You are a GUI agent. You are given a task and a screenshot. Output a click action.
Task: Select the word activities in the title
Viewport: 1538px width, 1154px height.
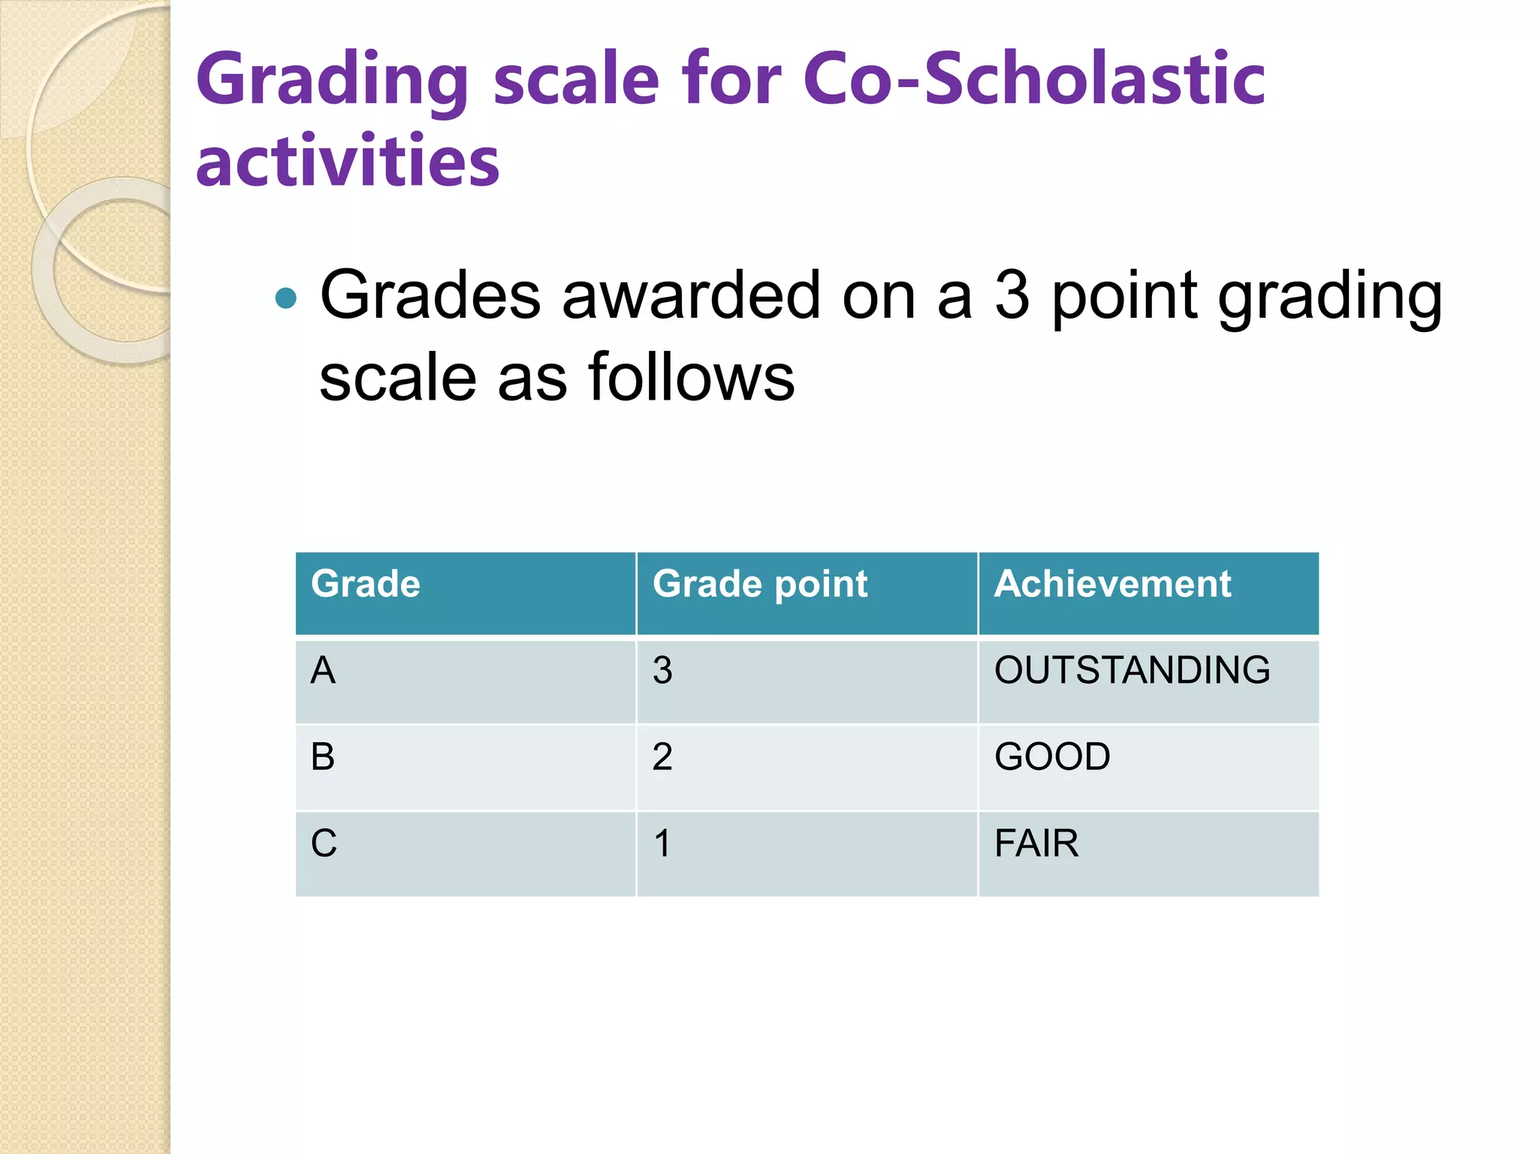click(x=347, y=161)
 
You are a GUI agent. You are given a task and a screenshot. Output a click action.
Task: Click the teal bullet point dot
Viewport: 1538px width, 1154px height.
click(x=286, y=298)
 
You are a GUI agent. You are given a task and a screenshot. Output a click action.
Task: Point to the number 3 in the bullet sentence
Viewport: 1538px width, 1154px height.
click(x=1012, y=295)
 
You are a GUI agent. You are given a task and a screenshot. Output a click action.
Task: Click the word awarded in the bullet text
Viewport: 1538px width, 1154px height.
click(x=690, y=295)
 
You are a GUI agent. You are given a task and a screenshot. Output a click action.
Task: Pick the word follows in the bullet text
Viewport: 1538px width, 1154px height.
click(x=691, y=377)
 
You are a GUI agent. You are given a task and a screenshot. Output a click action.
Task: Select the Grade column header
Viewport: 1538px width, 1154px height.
click(x=366, y=584)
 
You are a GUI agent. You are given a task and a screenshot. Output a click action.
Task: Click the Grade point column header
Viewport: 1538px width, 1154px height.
click(x=759, y=584)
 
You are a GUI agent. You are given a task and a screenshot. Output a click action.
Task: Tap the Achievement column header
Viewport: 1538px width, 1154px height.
click(x=1112, y=584)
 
